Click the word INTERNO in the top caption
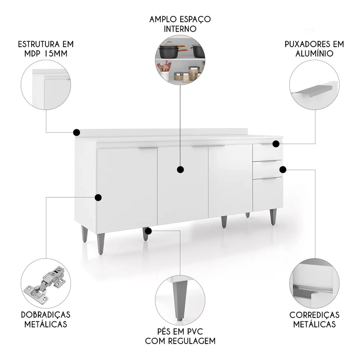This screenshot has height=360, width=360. coord(180,29)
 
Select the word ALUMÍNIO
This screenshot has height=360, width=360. coord(314,54)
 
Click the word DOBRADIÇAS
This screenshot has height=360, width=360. coord(45,315)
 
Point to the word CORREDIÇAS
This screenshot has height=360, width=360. coord(314,315)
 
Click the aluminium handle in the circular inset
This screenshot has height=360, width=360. coord(311,90)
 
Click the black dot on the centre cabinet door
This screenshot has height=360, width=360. coord(181,169)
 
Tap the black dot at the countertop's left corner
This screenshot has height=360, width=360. coord(76,132)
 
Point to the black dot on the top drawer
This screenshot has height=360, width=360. coord(276,144)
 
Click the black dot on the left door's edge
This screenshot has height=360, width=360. coord(98,197)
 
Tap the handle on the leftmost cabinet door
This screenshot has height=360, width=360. coord(148,148)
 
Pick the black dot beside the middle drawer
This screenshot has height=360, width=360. coord(283,169)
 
